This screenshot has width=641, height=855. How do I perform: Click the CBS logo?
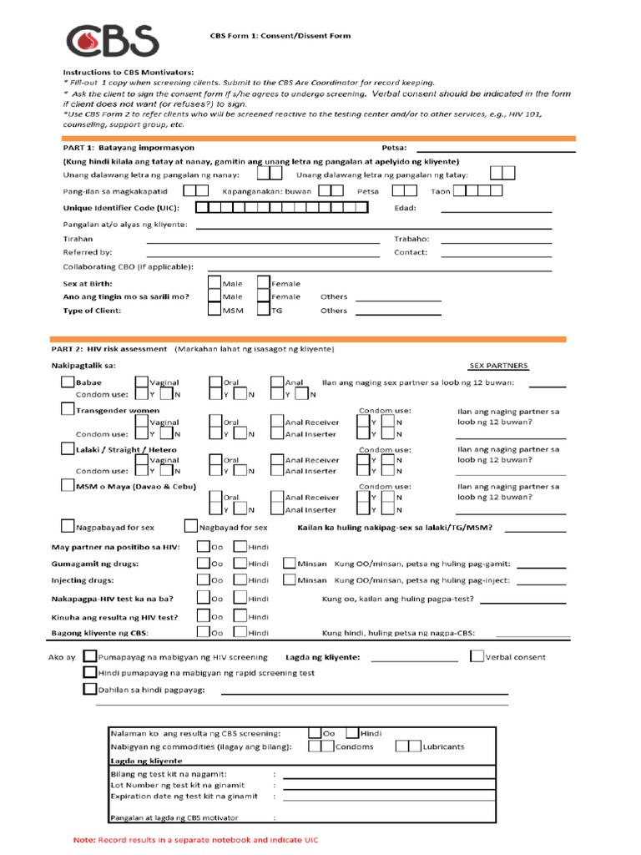pyautogui.click(x=112, y=40)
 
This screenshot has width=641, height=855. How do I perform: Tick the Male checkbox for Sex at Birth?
pyautogui.click(x=215, y=283)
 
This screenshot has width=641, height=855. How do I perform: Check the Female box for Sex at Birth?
pyautogui.click(x=264, y=283)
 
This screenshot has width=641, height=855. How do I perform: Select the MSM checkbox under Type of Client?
pyautogui.click(x=215, y=310)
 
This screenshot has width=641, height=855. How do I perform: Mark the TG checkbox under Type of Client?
pyautogui.click(x=264, y=310)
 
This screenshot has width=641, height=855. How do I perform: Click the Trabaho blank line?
pyautogui.click(x=496, y=239)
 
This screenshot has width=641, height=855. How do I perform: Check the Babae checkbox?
pyautogui.click(x=68, y=382)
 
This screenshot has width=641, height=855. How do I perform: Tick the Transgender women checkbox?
pyautogui.click(x=68, y=409)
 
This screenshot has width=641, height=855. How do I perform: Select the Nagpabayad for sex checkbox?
pyautogui.click(x=68, y=527)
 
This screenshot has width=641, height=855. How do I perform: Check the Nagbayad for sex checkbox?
pyautogui.click(x=190, y=527)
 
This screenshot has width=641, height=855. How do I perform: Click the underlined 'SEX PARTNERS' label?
pyautogui.click(x=498, y=366)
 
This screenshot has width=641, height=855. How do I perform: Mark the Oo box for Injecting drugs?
pyautogui.click(x=203, y=579)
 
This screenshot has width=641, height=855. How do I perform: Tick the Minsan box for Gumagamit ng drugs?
pyautogui.click(x=289, y=564)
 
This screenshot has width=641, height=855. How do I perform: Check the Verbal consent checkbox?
pyautogui.click(x=476, y=656)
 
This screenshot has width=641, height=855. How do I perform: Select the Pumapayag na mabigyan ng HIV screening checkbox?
pyautogui.click(x=89, y=656)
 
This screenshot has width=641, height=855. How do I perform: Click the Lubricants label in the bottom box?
pyautogui.click(x=443, y=746)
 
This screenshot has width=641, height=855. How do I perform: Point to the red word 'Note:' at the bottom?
pyautogui.click(x=84, y=839)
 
